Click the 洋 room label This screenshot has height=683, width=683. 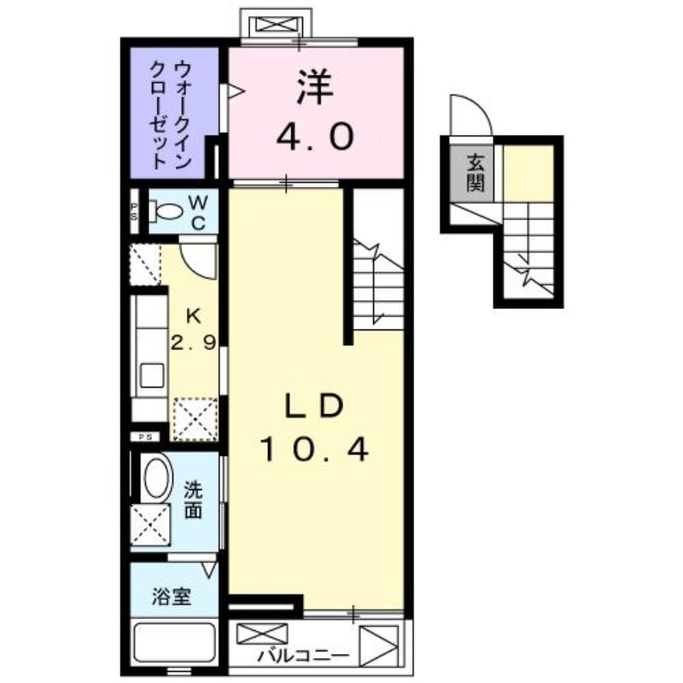click(314, 86)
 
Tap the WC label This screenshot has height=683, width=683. click(197, 213)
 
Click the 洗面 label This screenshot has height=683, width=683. click(193, 502)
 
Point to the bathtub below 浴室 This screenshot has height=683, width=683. click(173, 645)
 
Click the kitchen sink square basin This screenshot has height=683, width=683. click(152, 374)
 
